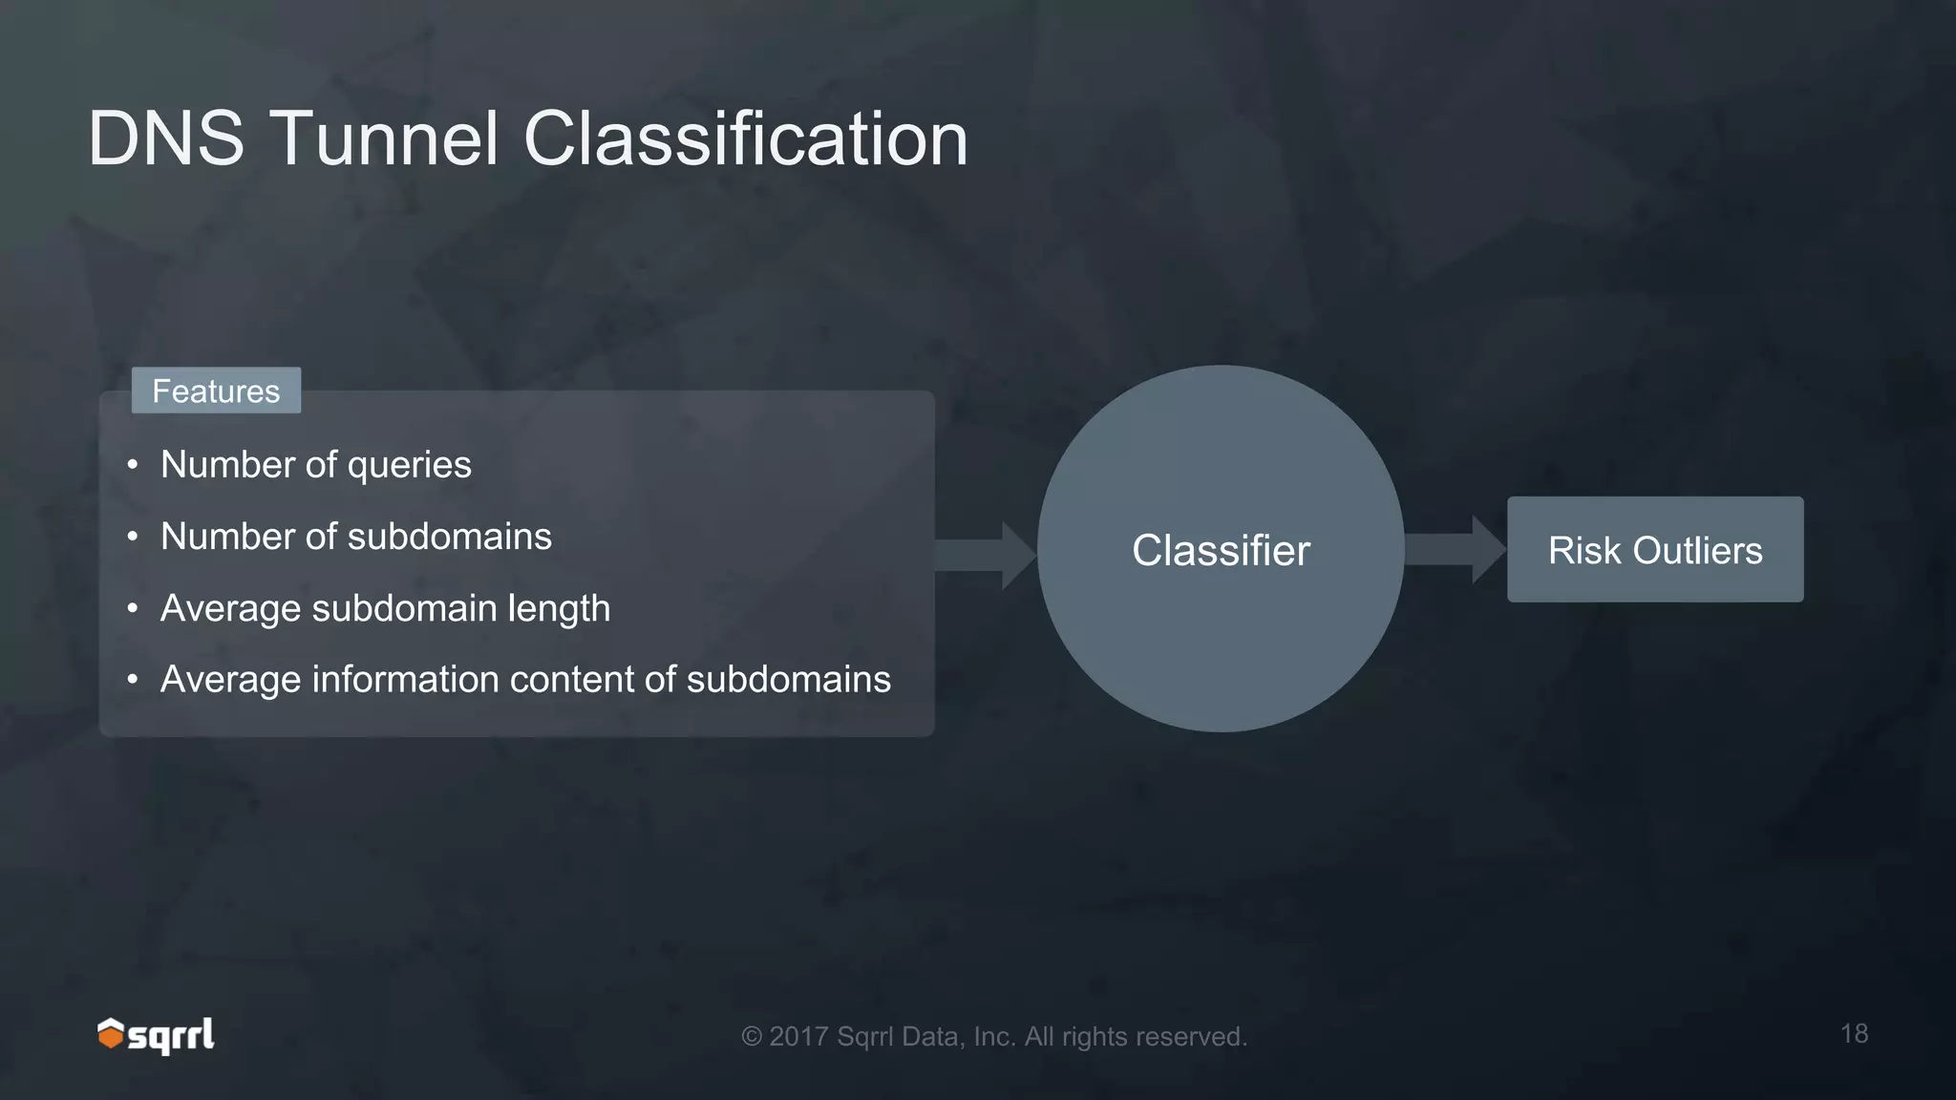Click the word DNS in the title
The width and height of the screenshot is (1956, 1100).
(x=166, y=139)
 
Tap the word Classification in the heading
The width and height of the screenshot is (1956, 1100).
(x=745, y=139)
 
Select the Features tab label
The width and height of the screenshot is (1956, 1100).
(x=216, y=391)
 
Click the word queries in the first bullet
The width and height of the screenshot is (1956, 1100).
(x=409, y=466)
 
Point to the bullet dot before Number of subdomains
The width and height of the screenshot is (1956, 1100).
(x=133, y=537)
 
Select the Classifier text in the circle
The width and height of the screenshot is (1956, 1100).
(x=1221, y=551)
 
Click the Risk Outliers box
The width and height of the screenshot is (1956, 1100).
(x=1654, y=550)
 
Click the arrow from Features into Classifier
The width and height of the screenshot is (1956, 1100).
(x=984, y=555)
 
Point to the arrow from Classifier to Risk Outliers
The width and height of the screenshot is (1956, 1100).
(x=1455, y=550)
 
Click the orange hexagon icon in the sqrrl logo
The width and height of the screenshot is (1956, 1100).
(x=111, y=1034)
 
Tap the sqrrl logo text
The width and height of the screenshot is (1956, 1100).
(x=172, y=1036)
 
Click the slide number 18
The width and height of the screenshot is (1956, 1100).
(x=1854, y=1033)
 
